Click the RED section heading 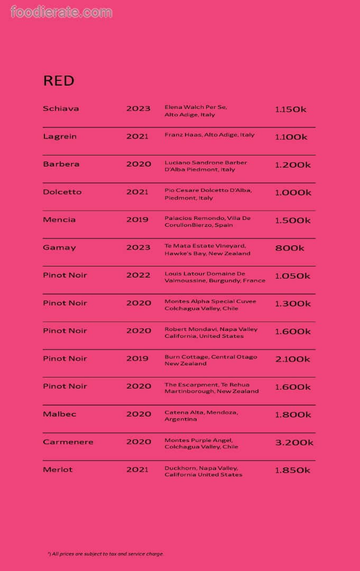[x=58, y=81]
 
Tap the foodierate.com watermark [x=61, y=12]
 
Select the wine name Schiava [x=61, y=108]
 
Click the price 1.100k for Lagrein [x=291, y=137]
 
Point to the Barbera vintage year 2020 [x=139, y=164]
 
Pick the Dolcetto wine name [x=62, y=192]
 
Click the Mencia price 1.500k [x=293, y=220]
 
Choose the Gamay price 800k [x=290, y=248]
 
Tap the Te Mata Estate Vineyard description [x=207, y=250]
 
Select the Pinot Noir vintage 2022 [x=139, y=275]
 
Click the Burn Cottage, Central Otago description [x=210, y=360]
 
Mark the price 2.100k [x=293, y=359]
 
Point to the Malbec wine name [x=59, y=414]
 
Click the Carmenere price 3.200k [x=294, y=443]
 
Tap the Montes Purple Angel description [x=201, y=443]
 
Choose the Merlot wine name [x=58, y=469]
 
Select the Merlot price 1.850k [x=293, y=470]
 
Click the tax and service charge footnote [x=106, y=554]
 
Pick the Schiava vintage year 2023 [x=139, y=108]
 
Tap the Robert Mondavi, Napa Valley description [x=211, y=333]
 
